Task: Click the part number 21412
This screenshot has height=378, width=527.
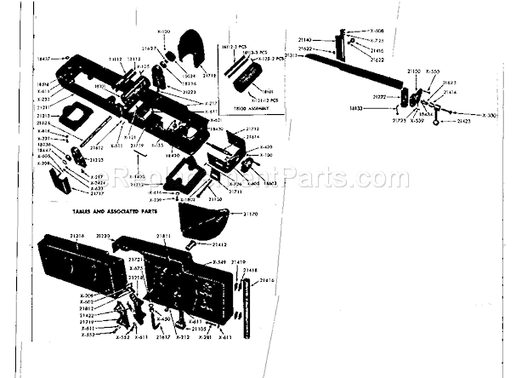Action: point(218,244)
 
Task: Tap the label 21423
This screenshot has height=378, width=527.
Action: point(464,123)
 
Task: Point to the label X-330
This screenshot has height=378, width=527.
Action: point(490,114)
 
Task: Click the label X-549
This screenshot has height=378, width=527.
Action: point(218,262)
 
